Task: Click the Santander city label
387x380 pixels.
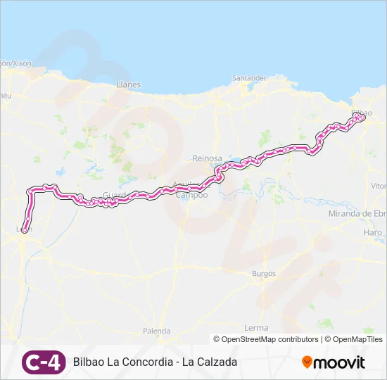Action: click(249, 77)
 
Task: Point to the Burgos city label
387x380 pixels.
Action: click(264, 273)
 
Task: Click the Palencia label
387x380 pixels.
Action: click(156, 331)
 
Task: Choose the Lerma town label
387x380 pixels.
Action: click(255, 328)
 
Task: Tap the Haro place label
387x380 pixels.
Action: click(373, 232)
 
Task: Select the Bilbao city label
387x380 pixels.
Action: click(360, 112)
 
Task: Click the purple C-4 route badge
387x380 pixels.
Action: click(44, 362)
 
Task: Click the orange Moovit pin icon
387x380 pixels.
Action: click(307, 362)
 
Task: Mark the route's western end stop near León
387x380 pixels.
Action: click(25, 229)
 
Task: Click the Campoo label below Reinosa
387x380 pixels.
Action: click(196, 195)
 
